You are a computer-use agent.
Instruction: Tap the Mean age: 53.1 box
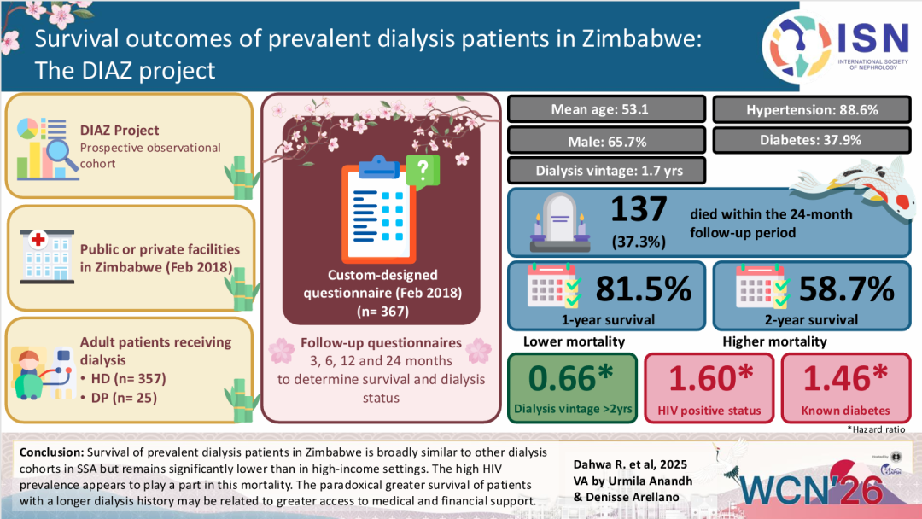tap(606, 109)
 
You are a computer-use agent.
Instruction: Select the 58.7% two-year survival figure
tap(846, 289)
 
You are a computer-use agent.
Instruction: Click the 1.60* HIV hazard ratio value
tap(708, 376)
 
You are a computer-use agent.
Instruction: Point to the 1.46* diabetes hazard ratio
tap(845, 376)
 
